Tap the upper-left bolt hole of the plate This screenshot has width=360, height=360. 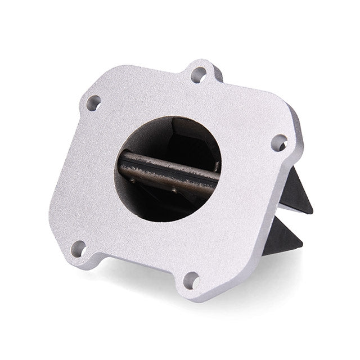[x=93, y=103]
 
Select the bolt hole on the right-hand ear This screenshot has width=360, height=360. [x=280, y=143]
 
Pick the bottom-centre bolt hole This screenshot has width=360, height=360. [x=191, y=280]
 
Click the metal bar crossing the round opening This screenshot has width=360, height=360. [x=169, y=169]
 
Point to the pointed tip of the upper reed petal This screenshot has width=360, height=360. [x=312, y=213]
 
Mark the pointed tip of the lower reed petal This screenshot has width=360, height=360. [x=301, y=246]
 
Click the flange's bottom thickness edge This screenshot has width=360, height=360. [x=141, y=289]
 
